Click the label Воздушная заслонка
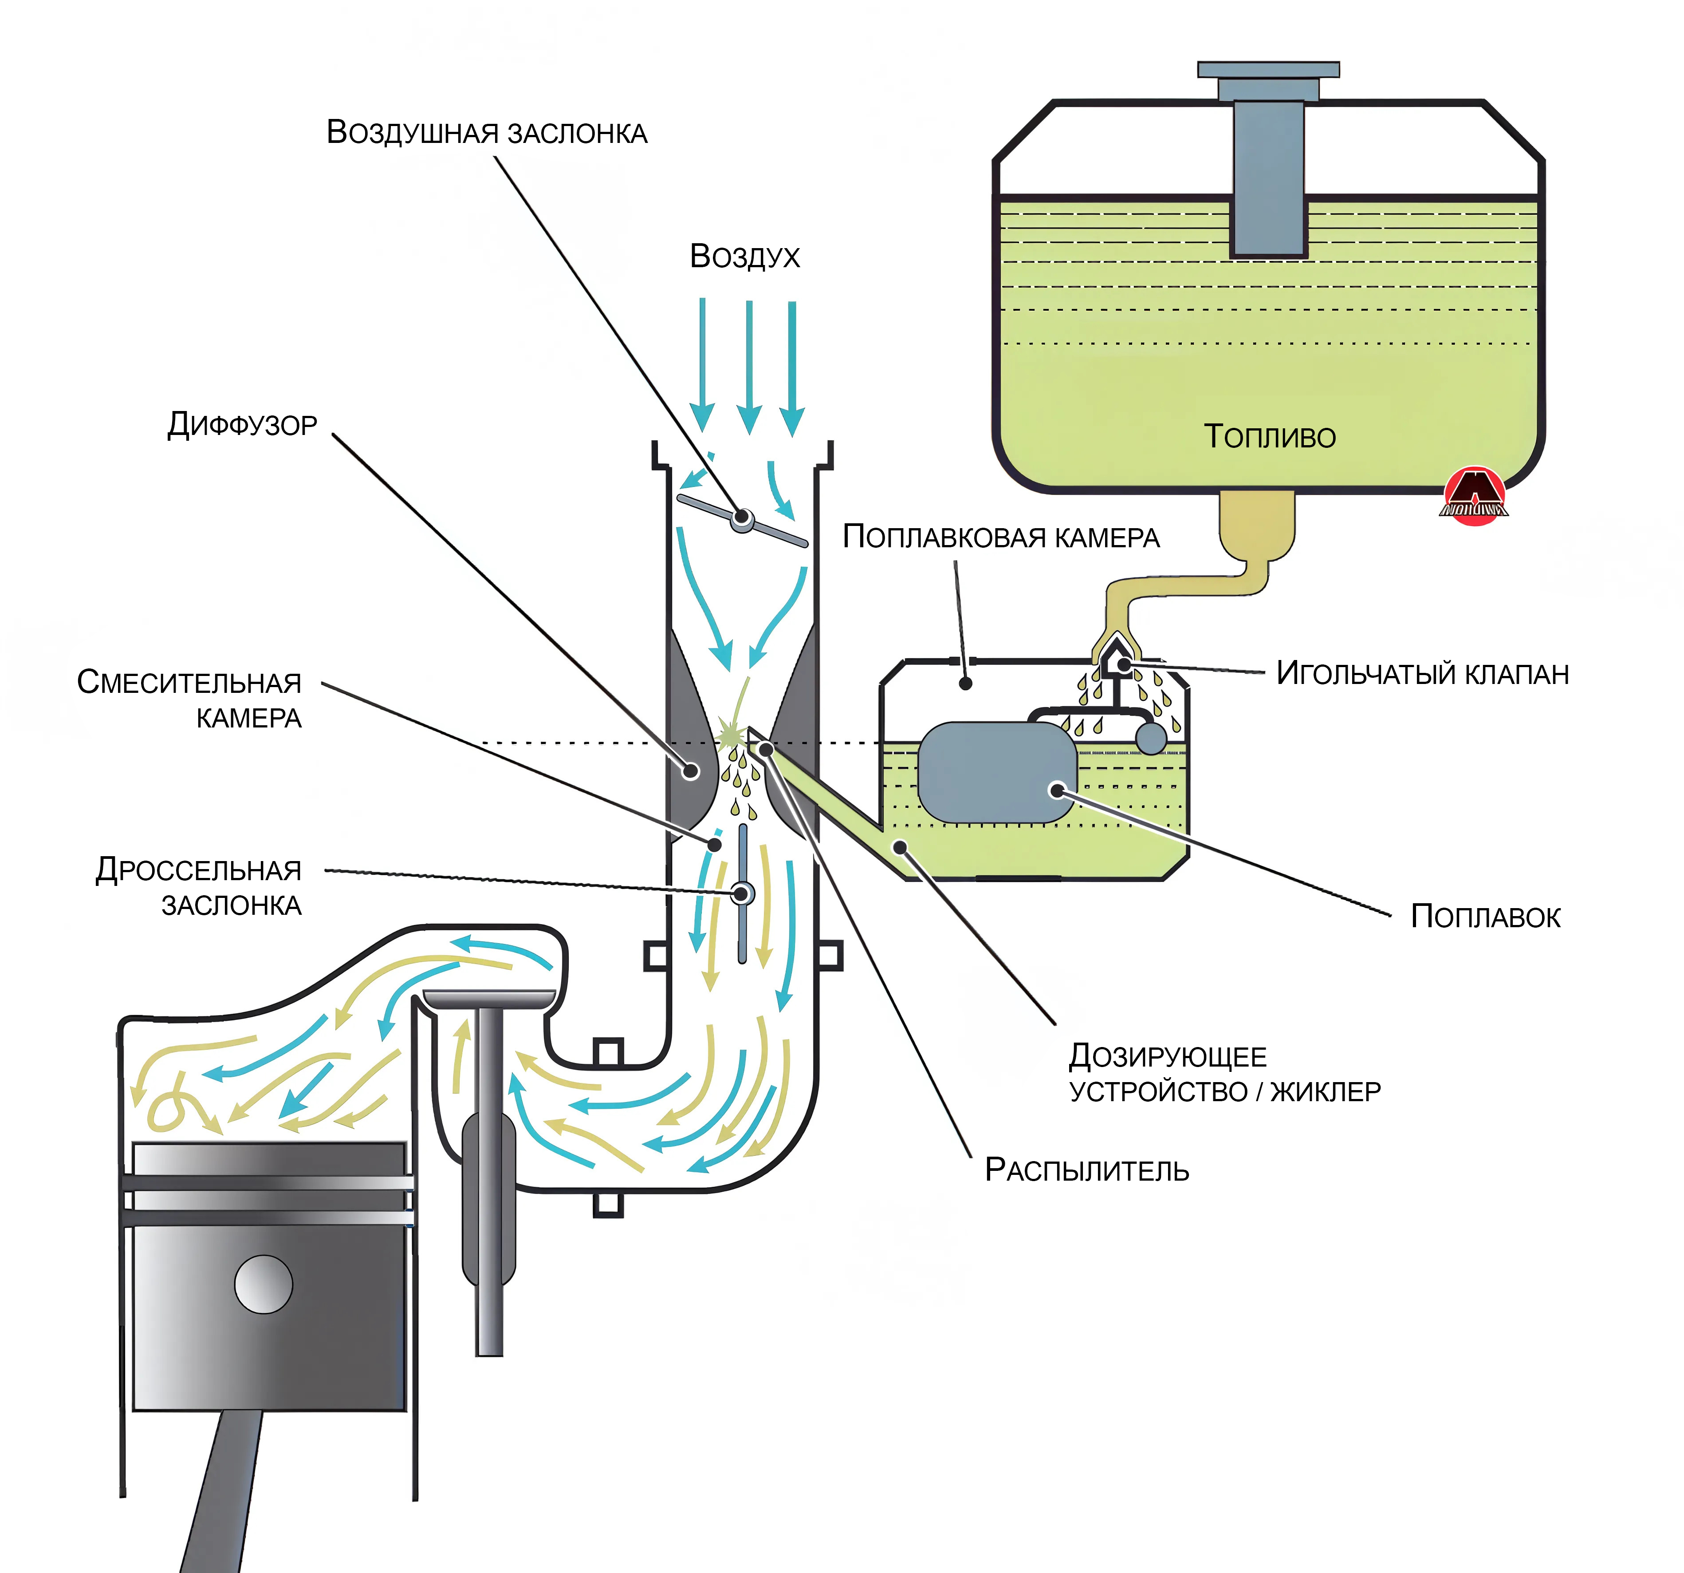coord(487,133)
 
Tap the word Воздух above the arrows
coord(744,256)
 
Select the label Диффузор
coord(242,424)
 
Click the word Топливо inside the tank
coord(1270,436)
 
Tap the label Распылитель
coord(1087,1170)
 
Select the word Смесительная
coord(189,682)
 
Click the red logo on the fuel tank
coord(1475,496)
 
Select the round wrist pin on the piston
coord(264,1284)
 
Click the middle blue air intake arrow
coord(749,366)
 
